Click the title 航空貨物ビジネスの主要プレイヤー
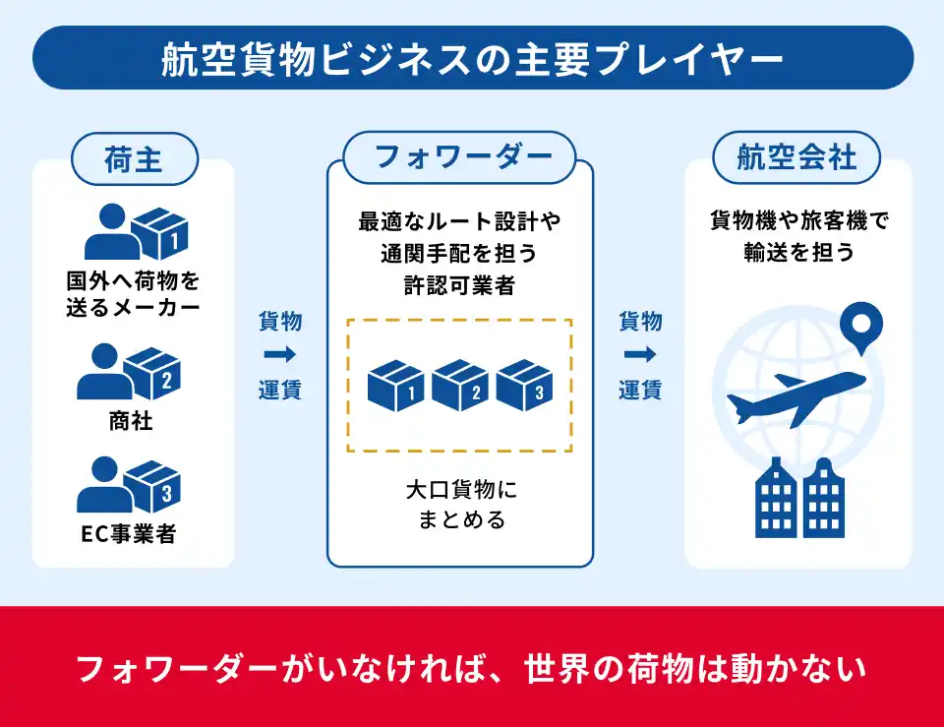click(472, 58)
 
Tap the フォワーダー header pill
click(459, 157)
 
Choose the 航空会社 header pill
click(796, 157)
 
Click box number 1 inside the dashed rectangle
click(395, 387)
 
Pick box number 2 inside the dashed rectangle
click(460, 387)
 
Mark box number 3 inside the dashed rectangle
click(525, 387)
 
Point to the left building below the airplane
click(777, 500)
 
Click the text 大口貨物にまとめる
click(460, 504)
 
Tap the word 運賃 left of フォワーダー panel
click(279, 390)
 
